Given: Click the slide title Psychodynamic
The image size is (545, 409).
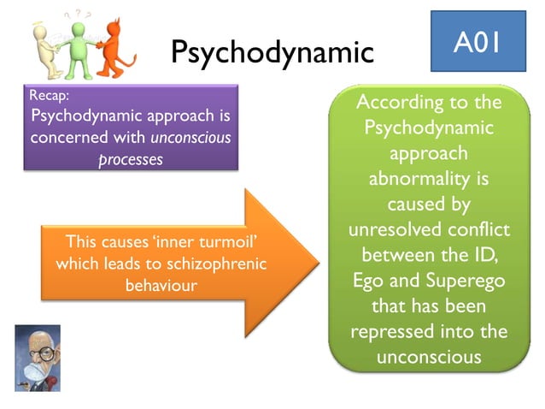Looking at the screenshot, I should point(272,52).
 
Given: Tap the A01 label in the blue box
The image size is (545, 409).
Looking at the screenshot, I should point(478,40).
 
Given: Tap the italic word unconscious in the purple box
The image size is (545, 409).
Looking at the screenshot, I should point(190,137).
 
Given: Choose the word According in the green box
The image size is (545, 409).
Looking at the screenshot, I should point(396,104).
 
